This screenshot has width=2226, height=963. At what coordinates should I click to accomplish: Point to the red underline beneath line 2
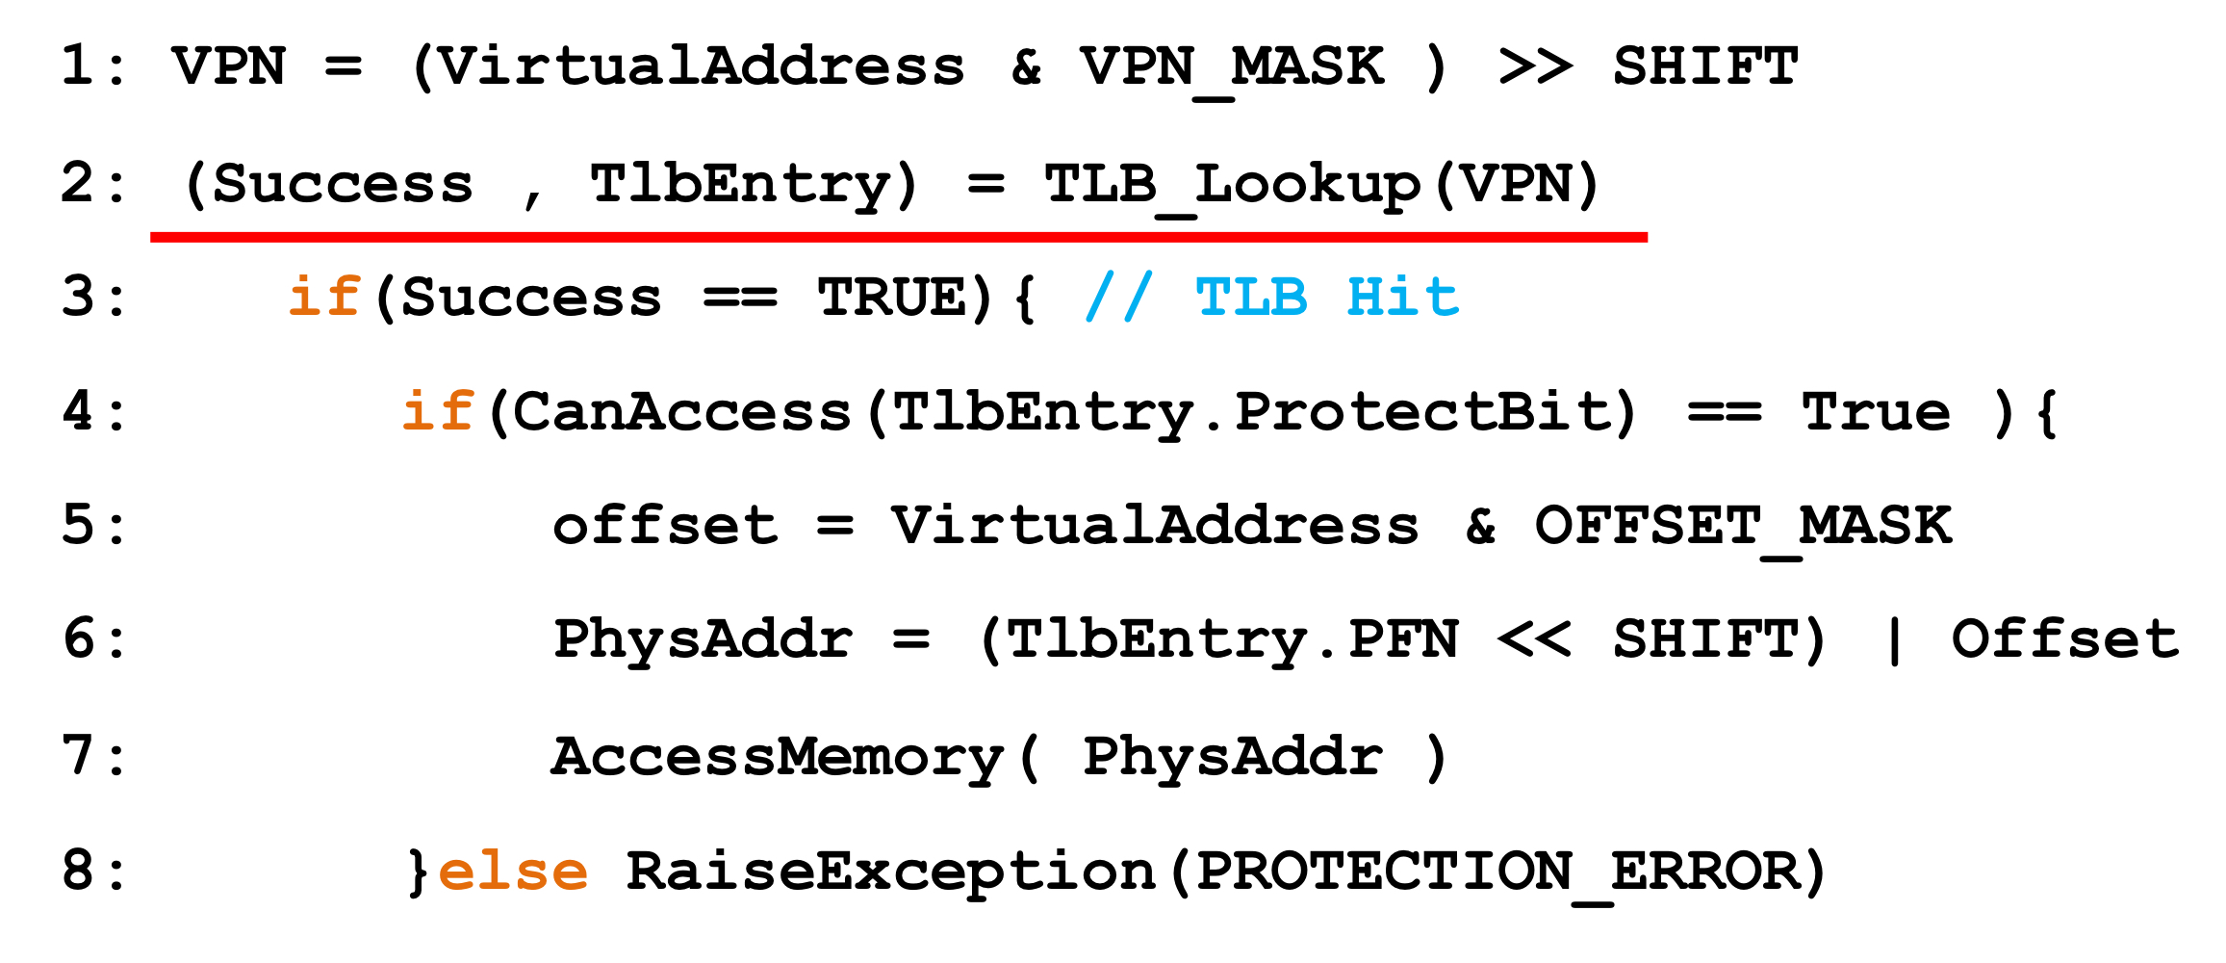pos(898,237)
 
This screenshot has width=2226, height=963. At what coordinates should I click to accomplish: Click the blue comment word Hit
pos(1402,298)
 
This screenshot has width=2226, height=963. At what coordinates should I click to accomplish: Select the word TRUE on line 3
pos(892,298)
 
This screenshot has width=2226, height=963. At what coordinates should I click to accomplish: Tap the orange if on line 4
pos(438,412)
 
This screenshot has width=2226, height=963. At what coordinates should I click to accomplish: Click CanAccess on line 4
pos(681,412)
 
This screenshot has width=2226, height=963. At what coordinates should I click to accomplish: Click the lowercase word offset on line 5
pos(665,527)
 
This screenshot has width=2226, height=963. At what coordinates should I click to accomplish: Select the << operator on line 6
pos(1535,640)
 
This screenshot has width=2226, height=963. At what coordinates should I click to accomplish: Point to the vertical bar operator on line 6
pos(1895,640)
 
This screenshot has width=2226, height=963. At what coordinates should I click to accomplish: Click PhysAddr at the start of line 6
pos(703,640)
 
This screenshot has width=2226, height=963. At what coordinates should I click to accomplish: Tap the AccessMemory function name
pos(778,757)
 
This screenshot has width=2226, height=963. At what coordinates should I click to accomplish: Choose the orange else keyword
pos(513,872)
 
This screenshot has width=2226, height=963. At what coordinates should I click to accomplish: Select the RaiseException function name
pos(890,872)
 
